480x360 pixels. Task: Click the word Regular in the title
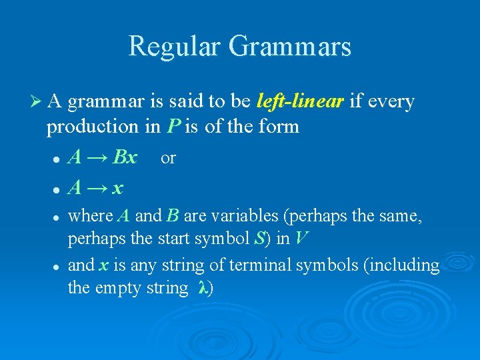click(174, 46)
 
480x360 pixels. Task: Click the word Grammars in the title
click(289, 47)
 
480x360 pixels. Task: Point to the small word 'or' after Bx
click(169, 158)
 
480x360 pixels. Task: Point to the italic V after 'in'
click(301, 239)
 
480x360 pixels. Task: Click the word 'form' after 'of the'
click(280, 126)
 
